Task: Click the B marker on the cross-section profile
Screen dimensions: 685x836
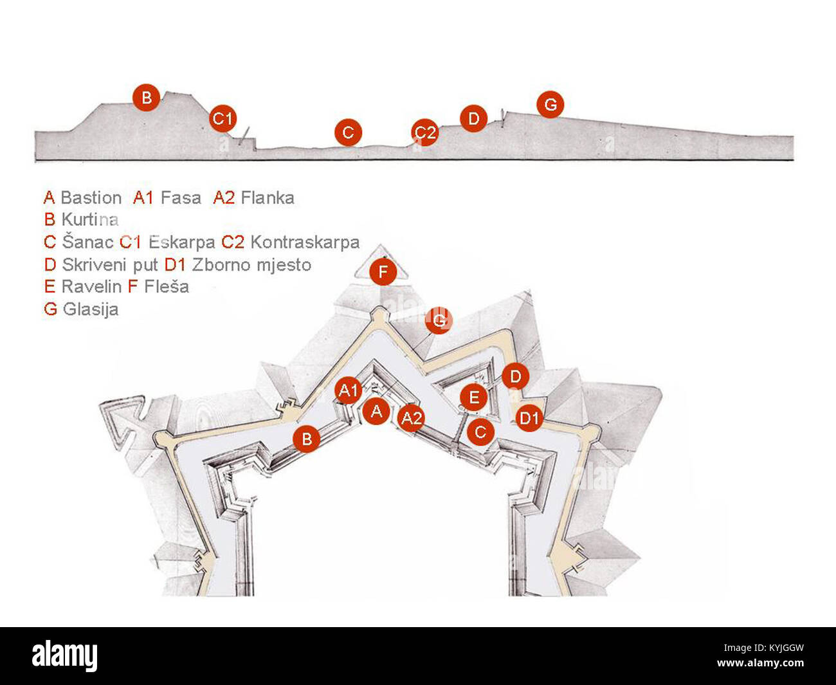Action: coord(147,98)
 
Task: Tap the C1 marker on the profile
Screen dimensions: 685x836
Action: coord(223,118)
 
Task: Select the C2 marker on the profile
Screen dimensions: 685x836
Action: coord(424,132)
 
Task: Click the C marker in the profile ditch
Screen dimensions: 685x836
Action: coord(348,132)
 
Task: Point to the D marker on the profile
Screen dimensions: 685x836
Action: coord(473,118)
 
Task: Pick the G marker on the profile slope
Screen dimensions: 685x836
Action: coord(550,104)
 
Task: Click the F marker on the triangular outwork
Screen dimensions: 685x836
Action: coord(383,273)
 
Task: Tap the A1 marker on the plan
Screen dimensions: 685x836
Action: coord(348,390)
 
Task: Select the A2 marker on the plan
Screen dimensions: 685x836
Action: coord(411,419)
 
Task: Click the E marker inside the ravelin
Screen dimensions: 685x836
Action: coord(474,398)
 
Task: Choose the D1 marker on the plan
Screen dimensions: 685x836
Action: coord(529,419)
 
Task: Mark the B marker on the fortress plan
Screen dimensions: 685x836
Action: coord(307,439)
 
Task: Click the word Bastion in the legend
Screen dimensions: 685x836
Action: coord(91,198)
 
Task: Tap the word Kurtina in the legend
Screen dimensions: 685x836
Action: coord(90,219)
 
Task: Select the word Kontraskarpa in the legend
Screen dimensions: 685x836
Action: coord(305,242)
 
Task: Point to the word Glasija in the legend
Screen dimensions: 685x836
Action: coord(90,309)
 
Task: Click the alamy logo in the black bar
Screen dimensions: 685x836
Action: coord(65,656)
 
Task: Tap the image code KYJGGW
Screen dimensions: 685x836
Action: coord(776,648)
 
